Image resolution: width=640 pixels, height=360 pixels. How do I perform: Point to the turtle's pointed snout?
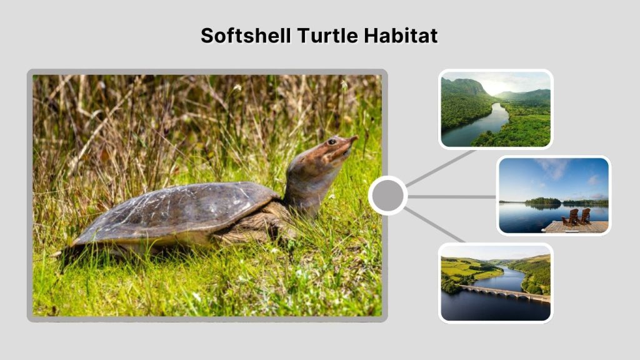tap(354, 138)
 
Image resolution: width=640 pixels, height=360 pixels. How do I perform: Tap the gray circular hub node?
tap(387, 196)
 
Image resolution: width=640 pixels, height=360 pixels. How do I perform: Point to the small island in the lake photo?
tap(542, 201)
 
